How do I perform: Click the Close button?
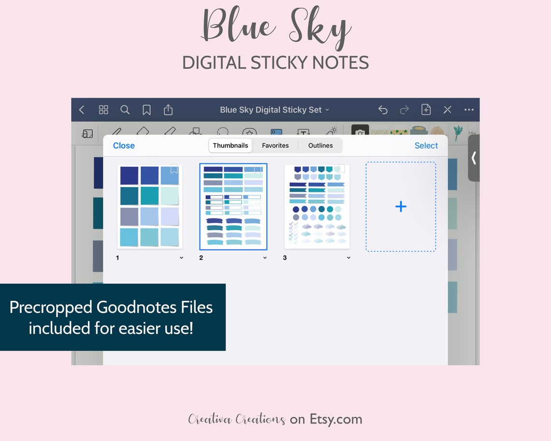[124, 146]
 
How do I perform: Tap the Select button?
[426, 146]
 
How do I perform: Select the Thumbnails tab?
[231, 146]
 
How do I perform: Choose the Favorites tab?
[275, 146]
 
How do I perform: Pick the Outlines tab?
[320, 146]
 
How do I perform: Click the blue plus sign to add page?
[401, 206]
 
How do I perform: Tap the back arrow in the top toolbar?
[82, 110]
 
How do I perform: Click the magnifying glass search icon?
[125, 110]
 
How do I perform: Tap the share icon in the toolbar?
[168, 110]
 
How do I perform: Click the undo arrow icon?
[383, 110]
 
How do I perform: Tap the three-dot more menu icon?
[469, 110]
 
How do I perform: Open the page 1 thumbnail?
[149, 206]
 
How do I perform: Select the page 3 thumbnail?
[317, 206]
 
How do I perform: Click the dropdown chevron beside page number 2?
[265, 258]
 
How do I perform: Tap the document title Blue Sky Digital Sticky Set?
[272, 110]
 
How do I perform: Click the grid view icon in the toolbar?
[103, 110]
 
